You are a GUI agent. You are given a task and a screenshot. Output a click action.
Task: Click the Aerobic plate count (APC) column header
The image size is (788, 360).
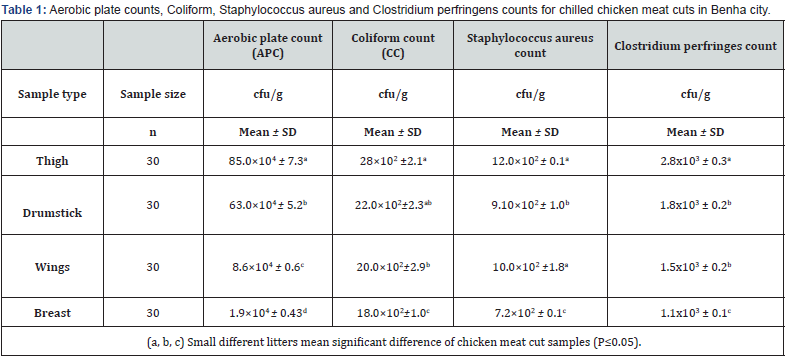click(x=267, y=46)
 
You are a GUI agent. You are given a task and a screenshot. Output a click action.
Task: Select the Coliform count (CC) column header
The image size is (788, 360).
click(x=393, y=46)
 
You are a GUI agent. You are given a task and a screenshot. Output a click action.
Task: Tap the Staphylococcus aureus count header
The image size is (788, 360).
click(x=530, y=46)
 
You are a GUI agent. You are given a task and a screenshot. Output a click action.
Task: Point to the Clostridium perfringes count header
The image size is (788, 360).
click(x=696, y=46)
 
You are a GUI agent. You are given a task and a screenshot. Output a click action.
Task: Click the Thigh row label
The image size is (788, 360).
click(x=52, y=161)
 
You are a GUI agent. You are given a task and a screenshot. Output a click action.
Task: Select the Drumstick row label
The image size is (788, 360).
click(x=52, y=213)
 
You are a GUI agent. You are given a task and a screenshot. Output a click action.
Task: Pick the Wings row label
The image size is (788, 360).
click(x=52, y=267)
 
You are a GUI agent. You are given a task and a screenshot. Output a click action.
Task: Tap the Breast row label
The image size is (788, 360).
click(x=52, y=313)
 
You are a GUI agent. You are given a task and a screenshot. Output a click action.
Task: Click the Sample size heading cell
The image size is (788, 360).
click(x=153, y=94)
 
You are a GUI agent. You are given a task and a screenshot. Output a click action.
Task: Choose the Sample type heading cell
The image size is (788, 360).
click(x=52, y=95)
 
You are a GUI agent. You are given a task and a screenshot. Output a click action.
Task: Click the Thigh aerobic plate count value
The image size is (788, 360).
click(x=267, y=161)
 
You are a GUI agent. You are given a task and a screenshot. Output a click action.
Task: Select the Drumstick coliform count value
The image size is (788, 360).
click(x=393, y=205)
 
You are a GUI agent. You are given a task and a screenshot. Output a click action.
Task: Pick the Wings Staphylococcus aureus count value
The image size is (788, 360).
click(x=530, y=266)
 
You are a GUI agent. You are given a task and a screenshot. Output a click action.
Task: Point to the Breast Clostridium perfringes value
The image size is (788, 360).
click(x=696, y=313)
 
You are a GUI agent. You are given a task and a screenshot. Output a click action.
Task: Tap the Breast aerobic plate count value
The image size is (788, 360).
click(x=267, y=313)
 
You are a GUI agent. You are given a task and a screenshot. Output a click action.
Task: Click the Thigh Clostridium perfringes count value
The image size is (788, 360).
click(x=696, y=161)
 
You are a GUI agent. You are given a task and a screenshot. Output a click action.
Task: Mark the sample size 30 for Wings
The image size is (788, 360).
click(x=153, y=267)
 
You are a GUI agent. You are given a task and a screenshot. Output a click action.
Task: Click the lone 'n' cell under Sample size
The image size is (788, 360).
click(x=153, y=132)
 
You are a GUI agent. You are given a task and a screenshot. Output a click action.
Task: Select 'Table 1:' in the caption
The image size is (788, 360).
click(x=24, y=11)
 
